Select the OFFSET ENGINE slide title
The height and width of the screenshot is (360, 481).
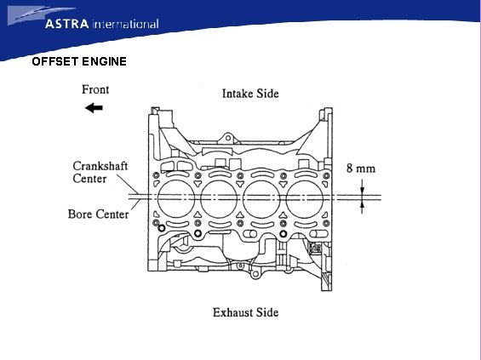tap(79, 62)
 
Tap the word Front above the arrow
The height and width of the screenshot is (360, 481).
tap(95, 89)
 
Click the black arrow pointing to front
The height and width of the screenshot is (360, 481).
tap(94, 108)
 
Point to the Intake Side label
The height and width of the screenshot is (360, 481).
tap(250, 93)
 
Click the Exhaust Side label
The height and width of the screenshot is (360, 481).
tap(245, 312)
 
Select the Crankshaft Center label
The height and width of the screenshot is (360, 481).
tap(100, 173)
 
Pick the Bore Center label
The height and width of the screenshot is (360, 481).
tap(99, 214)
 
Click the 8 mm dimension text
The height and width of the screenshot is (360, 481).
tap(360, 169)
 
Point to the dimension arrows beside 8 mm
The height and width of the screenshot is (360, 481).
tap(361, 197)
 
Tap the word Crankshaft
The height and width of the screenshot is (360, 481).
tap(100, 167)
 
